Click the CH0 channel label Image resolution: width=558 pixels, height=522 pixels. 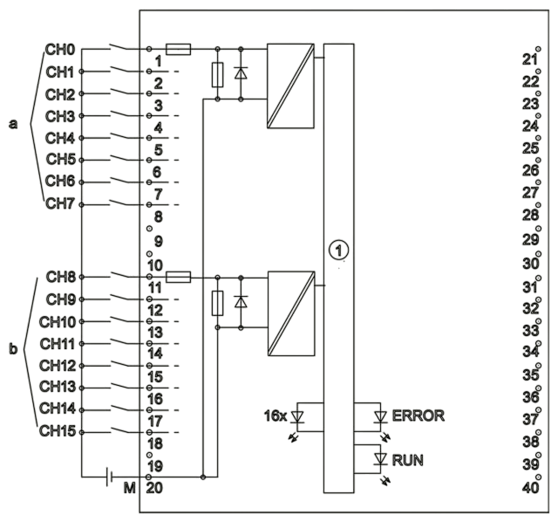point(60,50)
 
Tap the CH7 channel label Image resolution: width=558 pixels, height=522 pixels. point(60,203)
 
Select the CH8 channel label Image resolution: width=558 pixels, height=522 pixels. point(60,277)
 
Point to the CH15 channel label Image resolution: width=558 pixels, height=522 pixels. point(58,431)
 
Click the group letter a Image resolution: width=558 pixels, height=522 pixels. point(13,124)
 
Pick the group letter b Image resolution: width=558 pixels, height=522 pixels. point(13,348)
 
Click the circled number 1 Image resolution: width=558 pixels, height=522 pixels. point(338,251)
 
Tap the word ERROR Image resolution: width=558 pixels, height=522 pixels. point(418,416)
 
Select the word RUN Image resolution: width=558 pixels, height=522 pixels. point(408,460)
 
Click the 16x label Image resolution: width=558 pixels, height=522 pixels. point(276,416)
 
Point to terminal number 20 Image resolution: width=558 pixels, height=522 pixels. point(154,488)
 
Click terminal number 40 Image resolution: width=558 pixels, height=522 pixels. point(530,488)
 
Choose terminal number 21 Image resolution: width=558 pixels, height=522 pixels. point(529,59)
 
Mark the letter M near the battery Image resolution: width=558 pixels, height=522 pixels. point(130,488)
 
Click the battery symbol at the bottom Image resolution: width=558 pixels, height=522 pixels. point(109,477)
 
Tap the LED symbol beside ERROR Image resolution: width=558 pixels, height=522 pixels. point(380,417)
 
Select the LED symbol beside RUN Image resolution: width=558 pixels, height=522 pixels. point(380,459)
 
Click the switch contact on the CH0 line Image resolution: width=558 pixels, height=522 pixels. point(119,46)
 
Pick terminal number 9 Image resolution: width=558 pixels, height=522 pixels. point(159,242)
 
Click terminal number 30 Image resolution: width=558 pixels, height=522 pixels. point(530,264)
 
